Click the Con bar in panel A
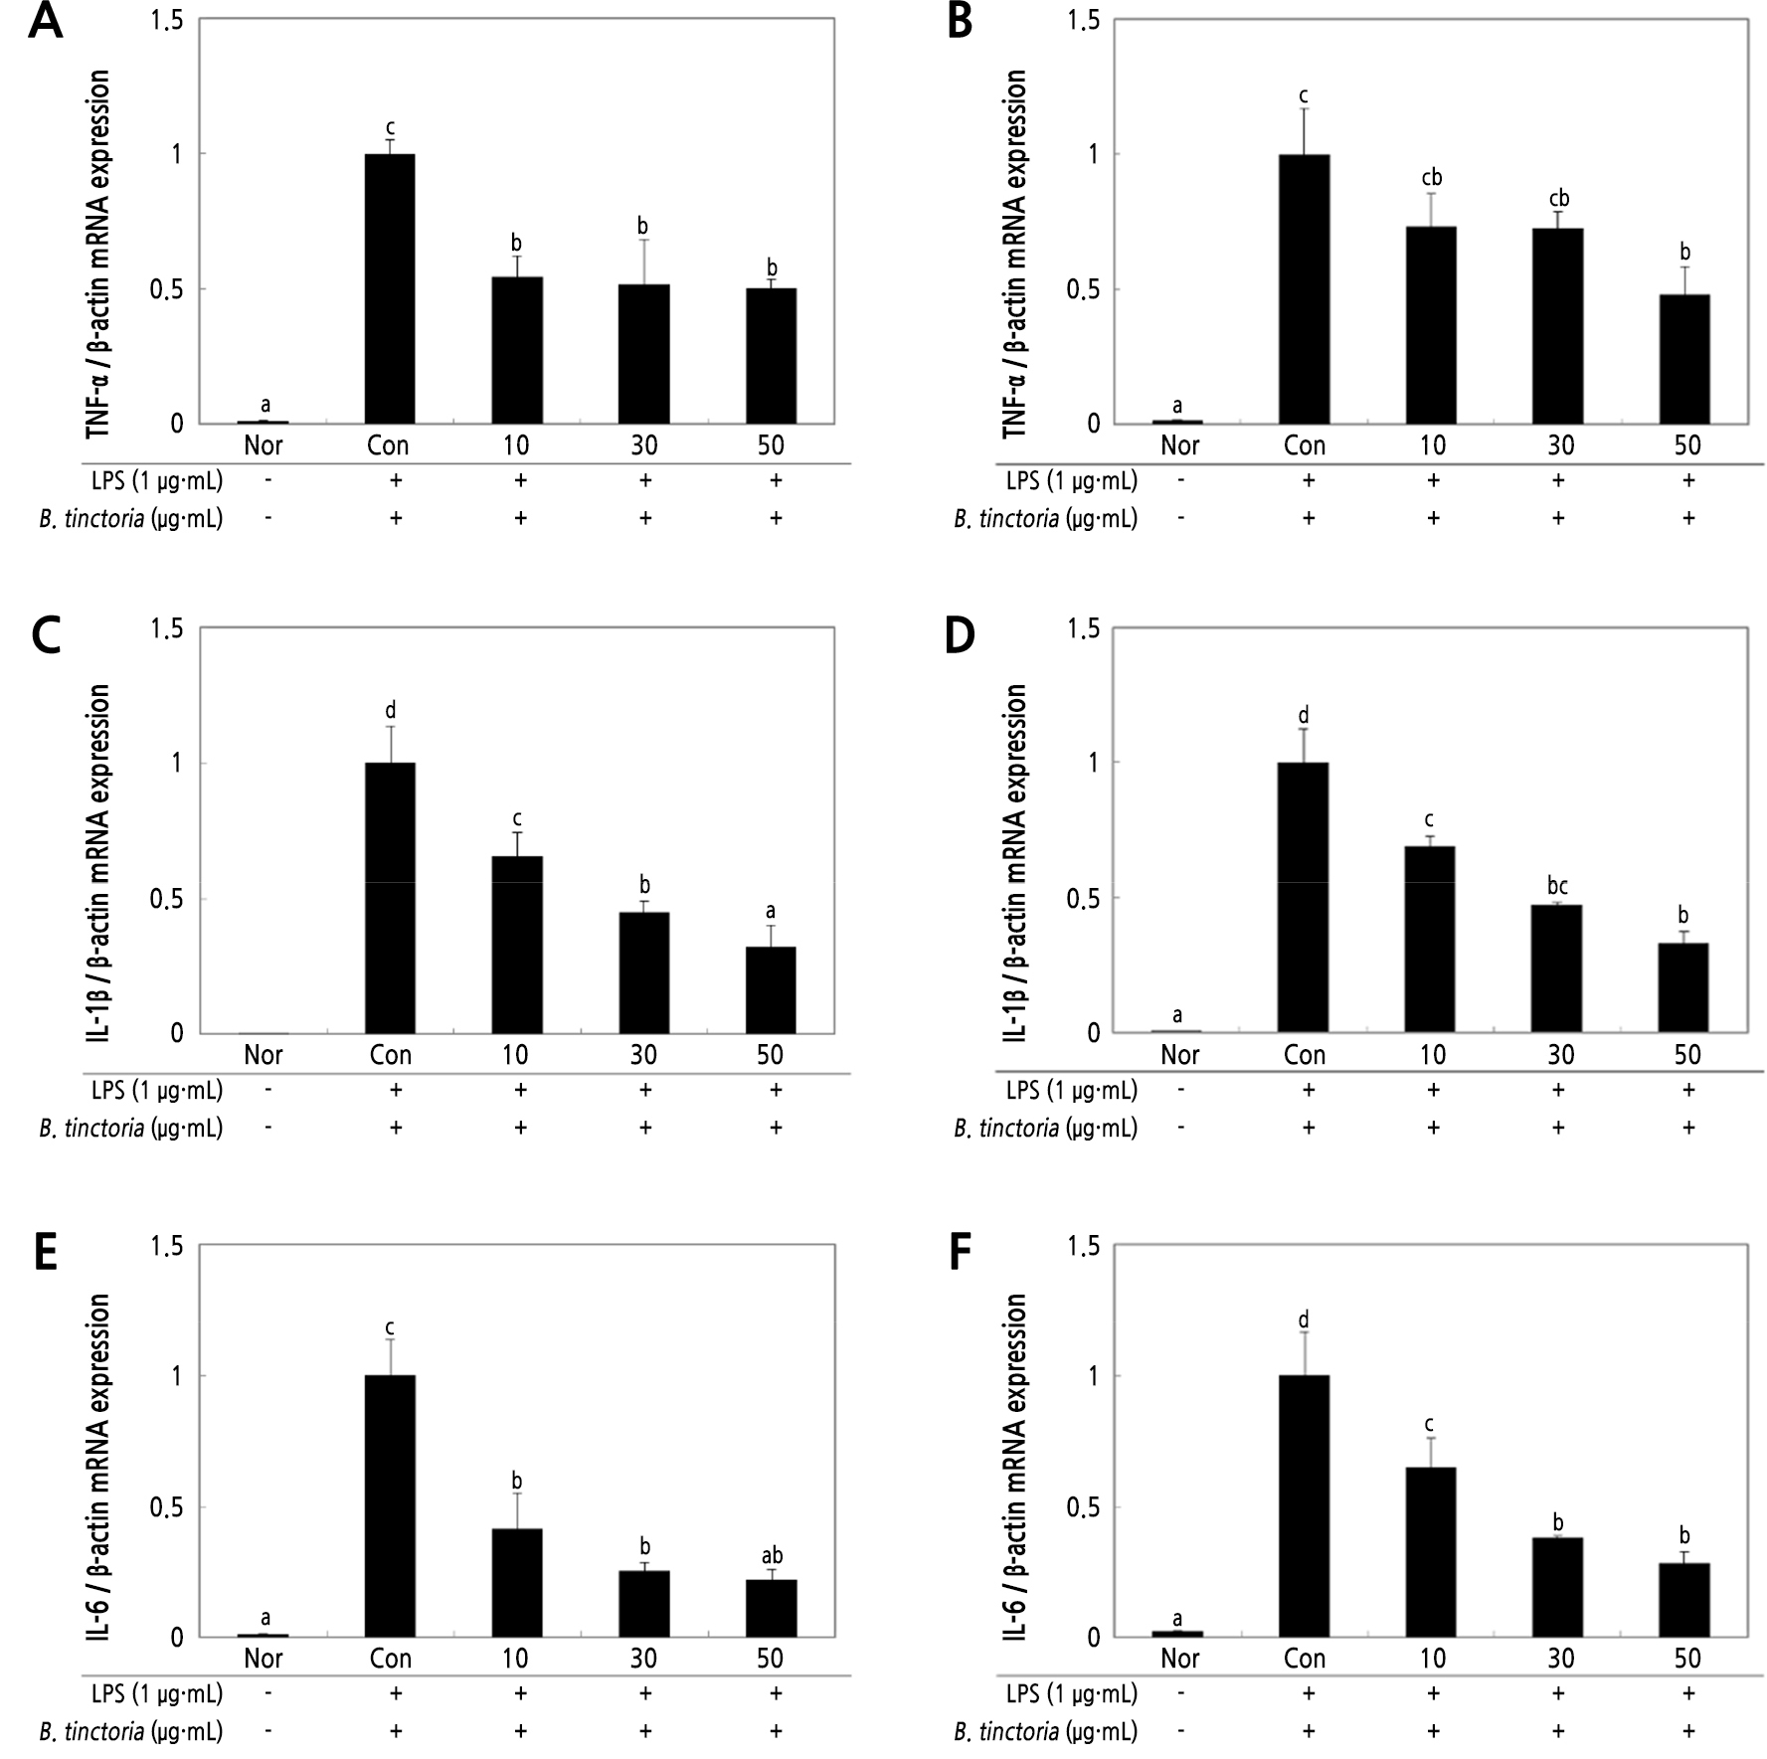coord(390,288)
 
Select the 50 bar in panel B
coord(1684,359)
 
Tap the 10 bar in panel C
coord(517,944)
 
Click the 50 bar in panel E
coord(771,1607)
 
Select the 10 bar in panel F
coord(1431,1551)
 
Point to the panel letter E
coord(45,1254)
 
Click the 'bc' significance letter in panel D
coord(1557,885)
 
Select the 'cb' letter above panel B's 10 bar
coord(1432,178)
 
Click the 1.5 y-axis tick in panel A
coord(166,20)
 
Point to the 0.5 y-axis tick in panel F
coord(1084,1507)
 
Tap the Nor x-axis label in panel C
coord(264,1054)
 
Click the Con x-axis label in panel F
coord(1305,1658)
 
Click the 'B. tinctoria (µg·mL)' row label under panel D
coord(1045,1128)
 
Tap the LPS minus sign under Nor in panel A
coord(265,481)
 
